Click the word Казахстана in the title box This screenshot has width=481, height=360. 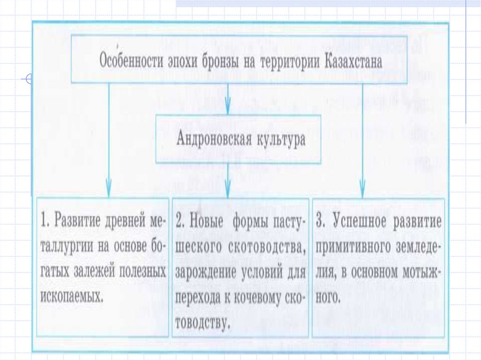coord(353,62)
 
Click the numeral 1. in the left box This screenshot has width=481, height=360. coord(45,221)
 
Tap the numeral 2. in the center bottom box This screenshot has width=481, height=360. coord(182,221)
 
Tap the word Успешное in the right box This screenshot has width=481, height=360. coord(362,221)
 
